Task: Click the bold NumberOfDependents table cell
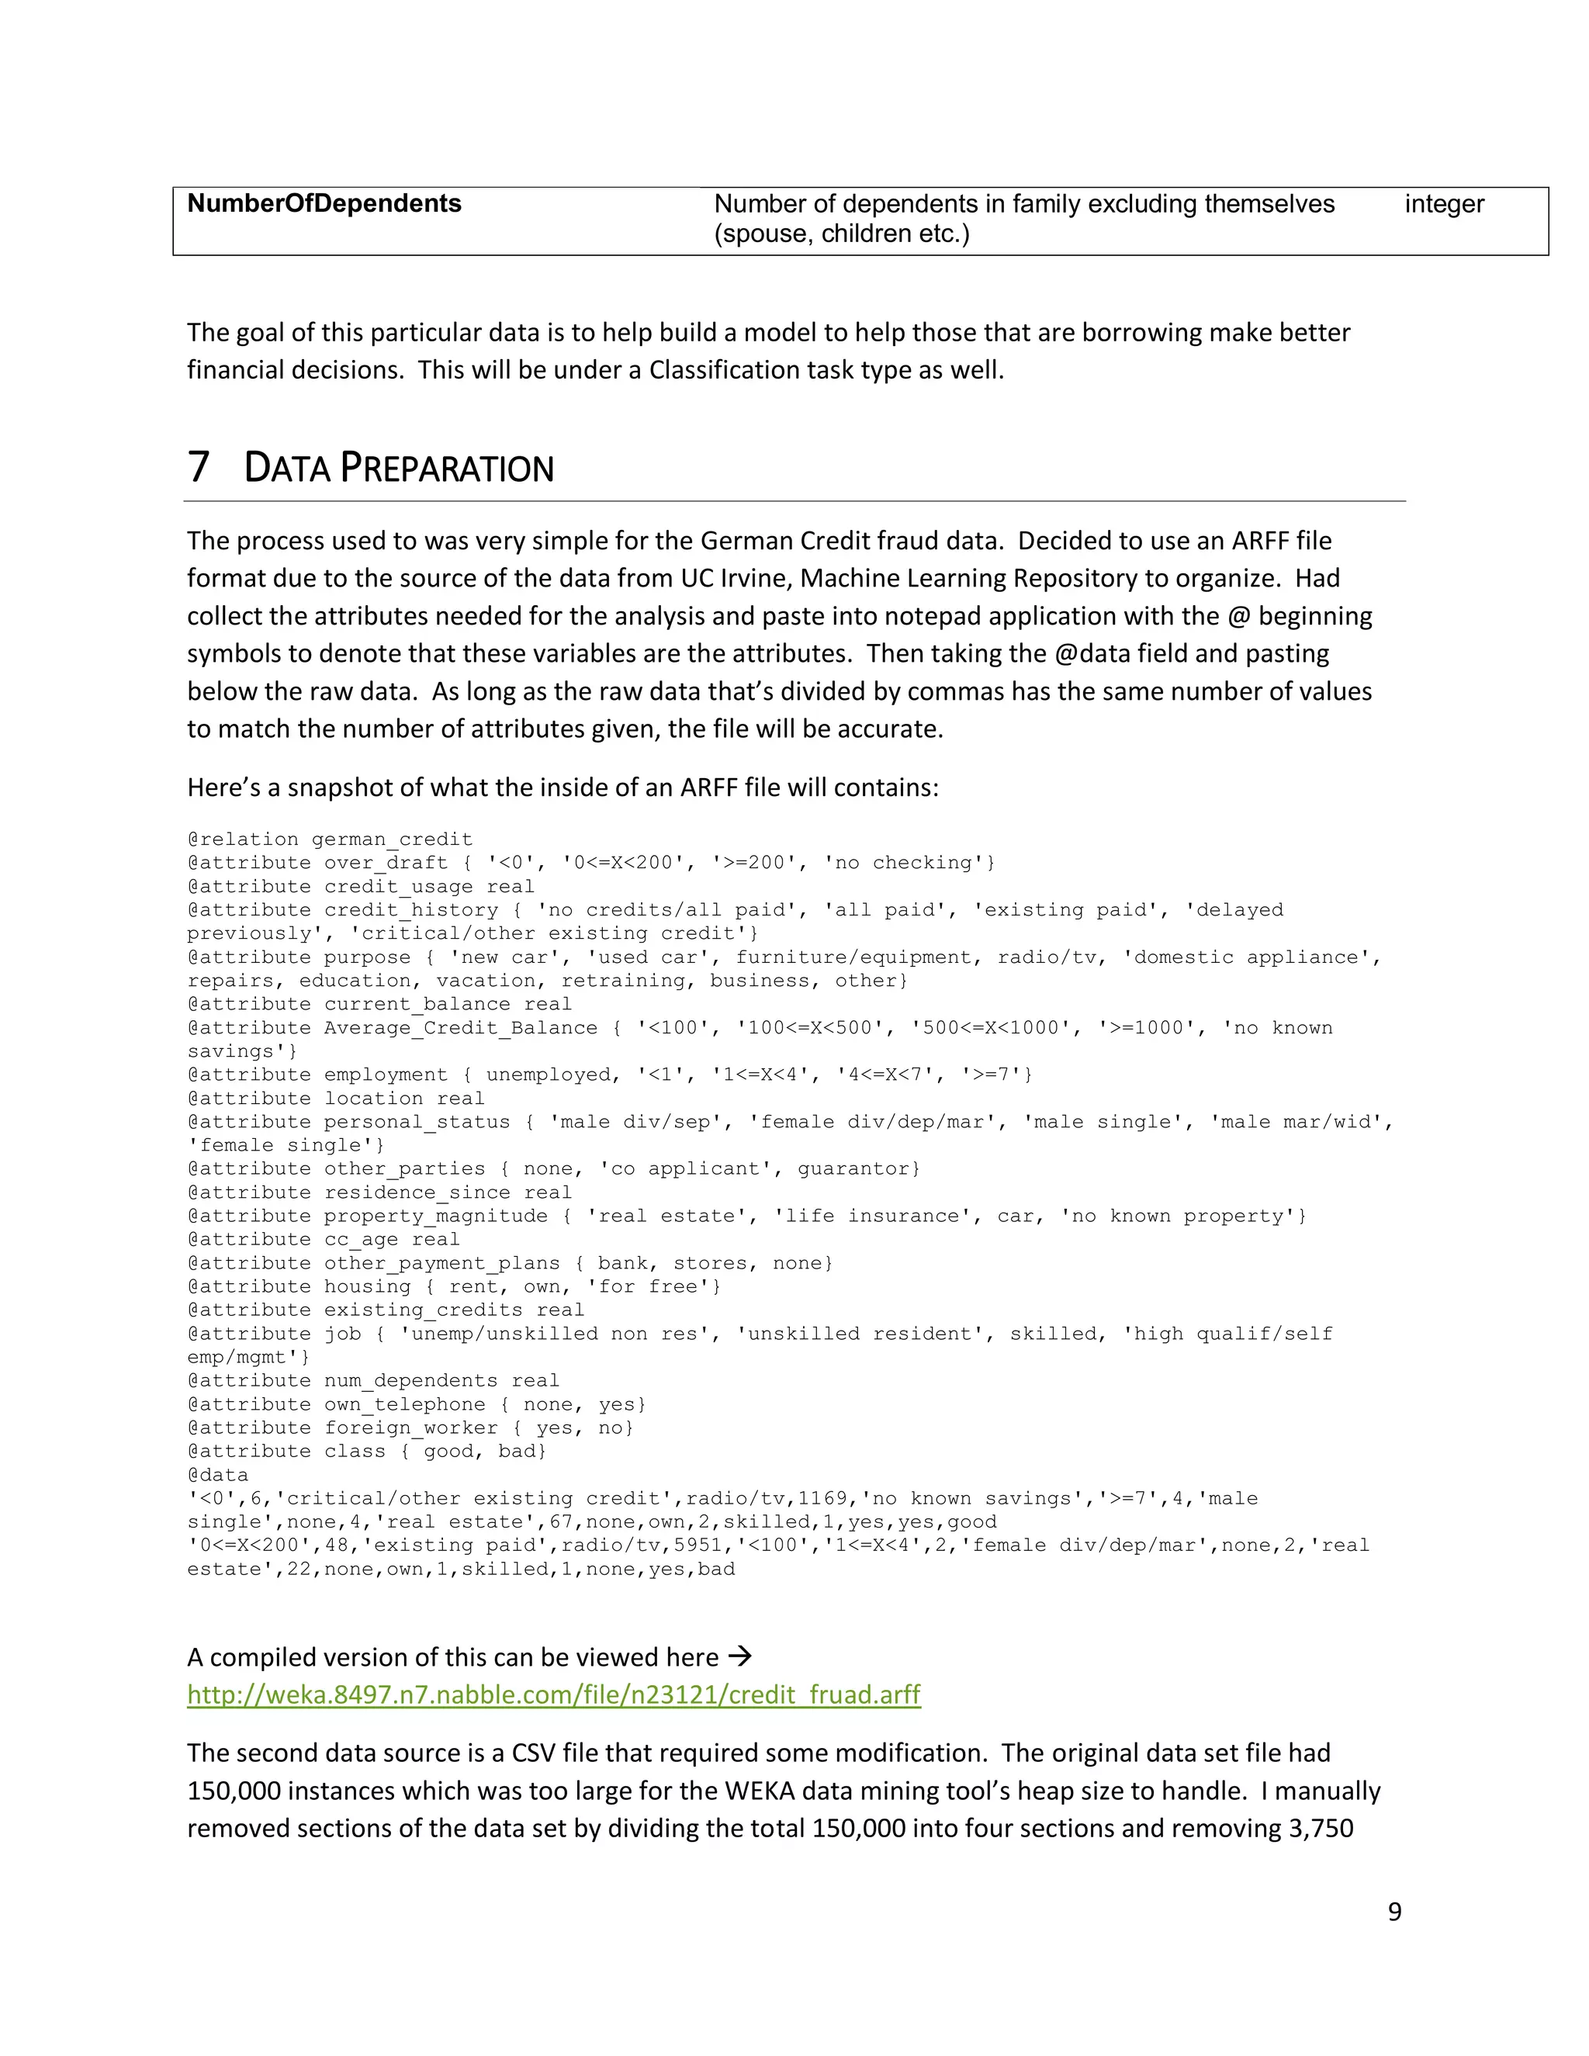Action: click(324, 203)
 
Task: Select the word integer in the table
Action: click(1443, 204)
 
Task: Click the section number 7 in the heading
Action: click(198, 467)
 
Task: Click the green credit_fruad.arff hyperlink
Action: click(553, 1694)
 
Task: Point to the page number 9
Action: click(1394, 1911)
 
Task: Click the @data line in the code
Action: click(217, 1475)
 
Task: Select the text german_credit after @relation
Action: click(392, 839)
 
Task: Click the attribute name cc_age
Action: click(362, 1240)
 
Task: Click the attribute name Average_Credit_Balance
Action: click(460, 1028)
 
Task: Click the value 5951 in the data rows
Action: click(698, 1545)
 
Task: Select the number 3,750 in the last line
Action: click(1321, 1828)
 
